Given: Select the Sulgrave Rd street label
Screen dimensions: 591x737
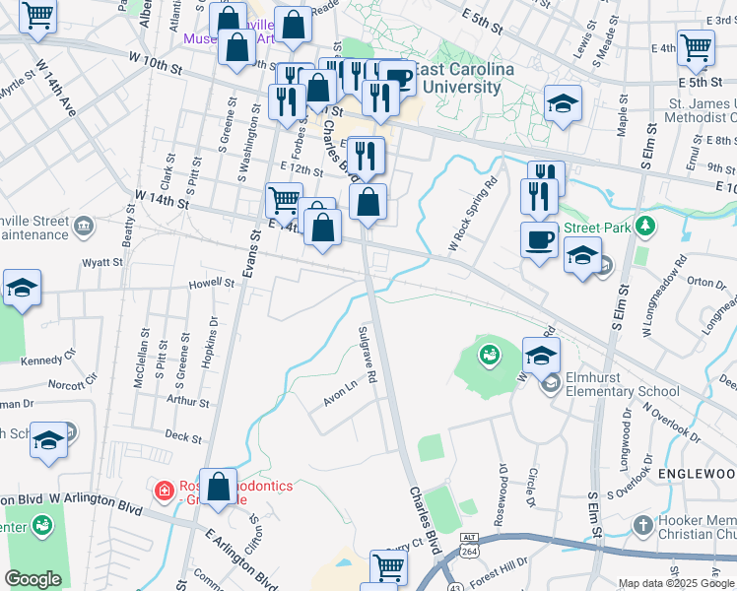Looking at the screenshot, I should (368, 355).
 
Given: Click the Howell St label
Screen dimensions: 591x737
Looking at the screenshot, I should (214, 284).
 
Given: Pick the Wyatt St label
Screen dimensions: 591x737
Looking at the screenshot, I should (101, 263).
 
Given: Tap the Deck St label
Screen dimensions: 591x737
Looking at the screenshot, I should (183, 434).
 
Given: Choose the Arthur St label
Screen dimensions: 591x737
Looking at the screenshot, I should (188, 401).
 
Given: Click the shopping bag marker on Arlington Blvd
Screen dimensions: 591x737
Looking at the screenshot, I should (219, 486).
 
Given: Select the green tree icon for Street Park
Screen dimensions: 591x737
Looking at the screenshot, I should (646, 228).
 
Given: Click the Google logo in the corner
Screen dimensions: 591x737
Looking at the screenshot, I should (33, 579).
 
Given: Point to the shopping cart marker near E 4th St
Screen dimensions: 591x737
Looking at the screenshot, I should (697, 46).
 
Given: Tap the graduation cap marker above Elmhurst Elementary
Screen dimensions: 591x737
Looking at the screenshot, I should (542, 355).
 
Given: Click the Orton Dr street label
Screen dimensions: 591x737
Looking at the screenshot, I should (706, 282).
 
